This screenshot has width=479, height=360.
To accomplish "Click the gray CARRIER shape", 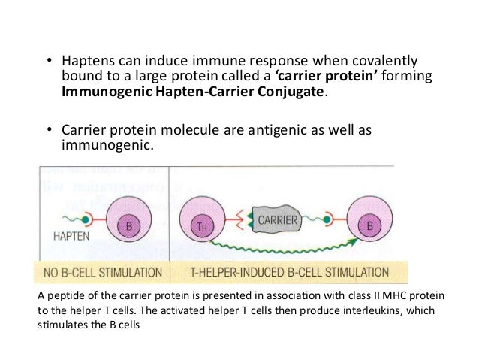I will click(x=279, y=220).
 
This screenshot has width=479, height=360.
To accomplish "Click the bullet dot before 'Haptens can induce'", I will click(x=45, y=61).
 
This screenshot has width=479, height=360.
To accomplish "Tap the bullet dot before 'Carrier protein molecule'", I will click(x=45, y=130).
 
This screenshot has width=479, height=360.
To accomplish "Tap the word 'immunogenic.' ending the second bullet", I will click(x=106, y=147).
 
